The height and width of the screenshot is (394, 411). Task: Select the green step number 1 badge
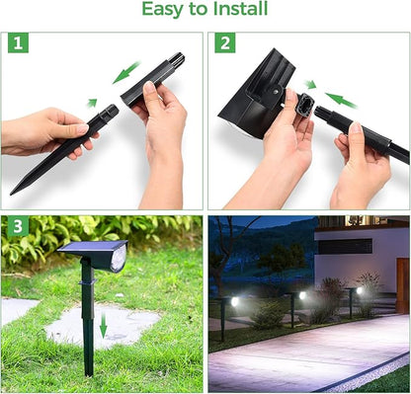tap(20, 43)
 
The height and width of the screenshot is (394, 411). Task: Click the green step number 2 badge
tap(225, 43)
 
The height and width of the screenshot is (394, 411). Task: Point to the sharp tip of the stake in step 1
tap(13, 192)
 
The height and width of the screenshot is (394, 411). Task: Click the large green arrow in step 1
tap(125, 72)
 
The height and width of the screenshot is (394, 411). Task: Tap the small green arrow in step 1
tap(92, 103)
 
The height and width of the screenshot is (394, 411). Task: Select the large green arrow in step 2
tap(342, 100)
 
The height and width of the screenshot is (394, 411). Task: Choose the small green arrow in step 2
tap(310, 85)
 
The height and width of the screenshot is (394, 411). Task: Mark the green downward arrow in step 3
tap(103, 324)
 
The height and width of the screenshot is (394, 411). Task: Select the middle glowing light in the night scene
tap(302, 295)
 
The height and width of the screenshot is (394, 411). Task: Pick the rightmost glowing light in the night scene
tap(359, 290)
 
